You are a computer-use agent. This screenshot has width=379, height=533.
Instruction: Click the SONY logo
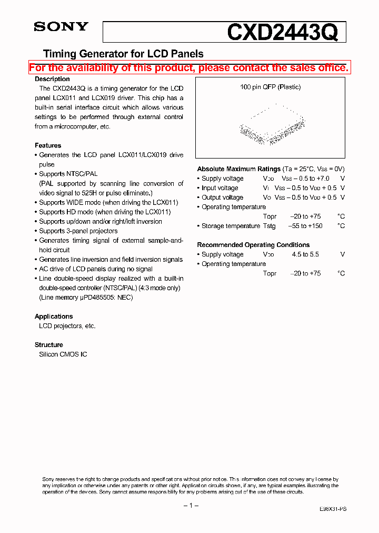[61, 27]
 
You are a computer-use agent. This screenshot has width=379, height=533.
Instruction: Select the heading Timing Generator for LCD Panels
[123, 54]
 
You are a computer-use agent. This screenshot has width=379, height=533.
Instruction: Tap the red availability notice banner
[188, 67]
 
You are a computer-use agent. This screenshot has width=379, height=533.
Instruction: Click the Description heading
[52, 79]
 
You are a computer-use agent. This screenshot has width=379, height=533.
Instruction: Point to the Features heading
[48, 145]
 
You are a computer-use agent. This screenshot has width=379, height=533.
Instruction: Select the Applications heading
[54, 317]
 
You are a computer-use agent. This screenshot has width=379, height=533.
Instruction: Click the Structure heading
[49, 345]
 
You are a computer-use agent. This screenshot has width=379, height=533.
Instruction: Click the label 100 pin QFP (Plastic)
[270, 87]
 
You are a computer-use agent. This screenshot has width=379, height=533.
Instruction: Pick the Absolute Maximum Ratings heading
[238, 169]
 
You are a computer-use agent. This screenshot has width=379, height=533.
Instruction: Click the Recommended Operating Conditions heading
[253, 245]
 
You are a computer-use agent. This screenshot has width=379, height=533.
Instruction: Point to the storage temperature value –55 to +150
[306, 226]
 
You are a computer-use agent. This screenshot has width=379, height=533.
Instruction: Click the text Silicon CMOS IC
[63, 354]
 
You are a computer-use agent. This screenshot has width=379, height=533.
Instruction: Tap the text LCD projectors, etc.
[67, 326]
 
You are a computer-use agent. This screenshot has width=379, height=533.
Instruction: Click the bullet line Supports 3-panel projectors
[78, 231]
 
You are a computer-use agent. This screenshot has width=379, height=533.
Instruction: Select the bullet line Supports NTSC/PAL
[68, 174]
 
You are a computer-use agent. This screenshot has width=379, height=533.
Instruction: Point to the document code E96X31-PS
[333, 510]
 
